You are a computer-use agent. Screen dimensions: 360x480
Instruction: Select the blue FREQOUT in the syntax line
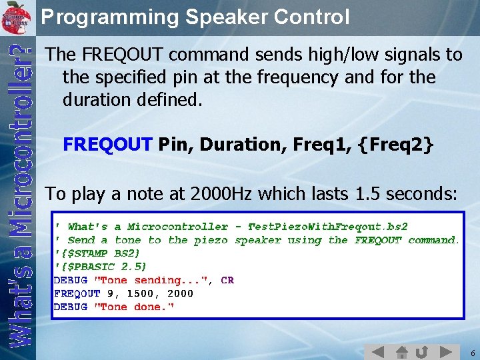tap(107, 144)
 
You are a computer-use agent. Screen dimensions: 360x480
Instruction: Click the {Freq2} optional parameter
tap(396, 144)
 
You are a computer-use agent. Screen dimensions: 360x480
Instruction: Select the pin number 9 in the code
tap(111, 293)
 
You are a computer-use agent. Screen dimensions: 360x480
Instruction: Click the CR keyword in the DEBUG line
tap(227, 280)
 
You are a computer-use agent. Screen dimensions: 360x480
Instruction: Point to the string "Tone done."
tap(133, 307)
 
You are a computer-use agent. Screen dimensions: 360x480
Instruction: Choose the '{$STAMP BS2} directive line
tap(97, 253)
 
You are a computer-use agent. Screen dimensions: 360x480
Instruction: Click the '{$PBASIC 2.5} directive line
tap(100, 267)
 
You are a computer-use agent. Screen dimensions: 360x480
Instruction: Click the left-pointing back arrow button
tap(378, 351)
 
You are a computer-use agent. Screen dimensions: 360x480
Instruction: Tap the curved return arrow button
tap(422, 351)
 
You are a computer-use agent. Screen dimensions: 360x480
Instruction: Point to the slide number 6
tap(472, 353)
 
